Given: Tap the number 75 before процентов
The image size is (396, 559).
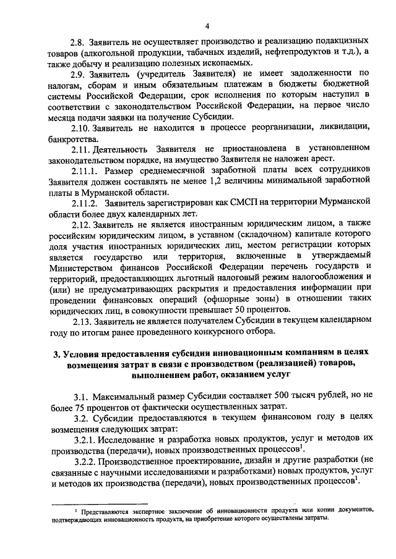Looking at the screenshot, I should tap(80, 406).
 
